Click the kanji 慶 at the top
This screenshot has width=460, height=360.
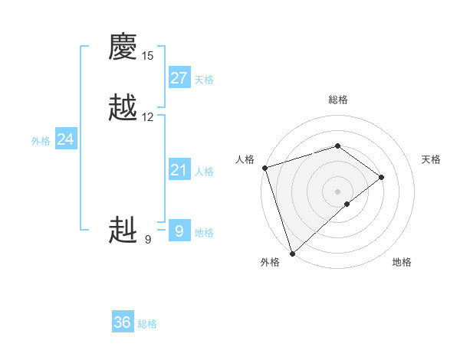(123, 48)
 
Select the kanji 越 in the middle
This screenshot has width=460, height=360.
(123, 108)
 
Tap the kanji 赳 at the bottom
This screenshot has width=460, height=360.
(123, 230)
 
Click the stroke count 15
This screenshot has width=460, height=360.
(147, 56)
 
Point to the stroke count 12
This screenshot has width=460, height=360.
(147, 117)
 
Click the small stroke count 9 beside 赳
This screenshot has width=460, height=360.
(147, 240)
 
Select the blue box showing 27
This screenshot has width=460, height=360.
(179, 78)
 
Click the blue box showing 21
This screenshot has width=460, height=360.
(179, 170)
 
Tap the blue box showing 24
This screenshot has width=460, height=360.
(66, 139)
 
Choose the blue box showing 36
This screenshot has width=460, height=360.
(123, 322)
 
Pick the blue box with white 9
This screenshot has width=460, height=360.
(179, 231)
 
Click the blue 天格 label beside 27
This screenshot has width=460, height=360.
(204, 80)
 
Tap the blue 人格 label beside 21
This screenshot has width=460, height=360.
(204, 172)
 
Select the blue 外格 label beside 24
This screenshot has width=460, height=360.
(41, 141)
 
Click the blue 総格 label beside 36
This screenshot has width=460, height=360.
(147, 324)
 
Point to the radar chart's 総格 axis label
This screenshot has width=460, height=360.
(338, 100)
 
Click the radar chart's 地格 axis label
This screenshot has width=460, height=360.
(402, 263)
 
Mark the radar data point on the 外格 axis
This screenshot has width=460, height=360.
(291, 253)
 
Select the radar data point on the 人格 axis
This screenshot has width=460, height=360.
(264, 168)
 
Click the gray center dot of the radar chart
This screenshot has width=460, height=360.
(337, 191)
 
